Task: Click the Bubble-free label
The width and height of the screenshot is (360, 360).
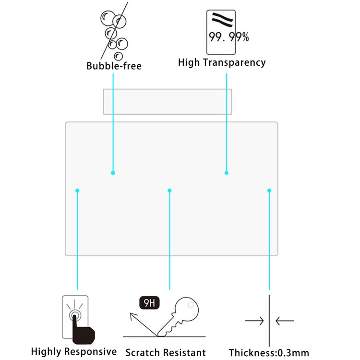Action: (x=114, y=66)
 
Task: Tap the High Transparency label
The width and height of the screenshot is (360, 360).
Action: (x=221, y=62)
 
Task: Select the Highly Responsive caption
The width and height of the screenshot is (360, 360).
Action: (x=74, y=351)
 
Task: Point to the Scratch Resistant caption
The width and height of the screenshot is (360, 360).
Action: (x=166, y=352)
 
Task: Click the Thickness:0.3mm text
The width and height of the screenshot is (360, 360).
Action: (x=269, y=353)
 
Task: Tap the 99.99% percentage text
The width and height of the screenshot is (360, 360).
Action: (x=228, y=37)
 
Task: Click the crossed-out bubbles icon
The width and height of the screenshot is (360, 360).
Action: (x=114, y=31)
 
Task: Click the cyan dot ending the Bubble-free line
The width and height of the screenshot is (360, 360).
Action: (x=113, y=172)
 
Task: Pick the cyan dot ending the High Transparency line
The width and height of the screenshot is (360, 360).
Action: (x=227, y=172)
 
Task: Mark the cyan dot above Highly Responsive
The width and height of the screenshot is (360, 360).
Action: (x=77, y=191)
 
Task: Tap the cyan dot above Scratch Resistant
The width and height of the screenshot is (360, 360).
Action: (x=169, y=191)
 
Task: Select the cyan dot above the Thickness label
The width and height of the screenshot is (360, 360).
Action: (x=269, y=191)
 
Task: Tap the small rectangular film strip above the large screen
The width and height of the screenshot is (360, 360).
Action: (x=168, y=101)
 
